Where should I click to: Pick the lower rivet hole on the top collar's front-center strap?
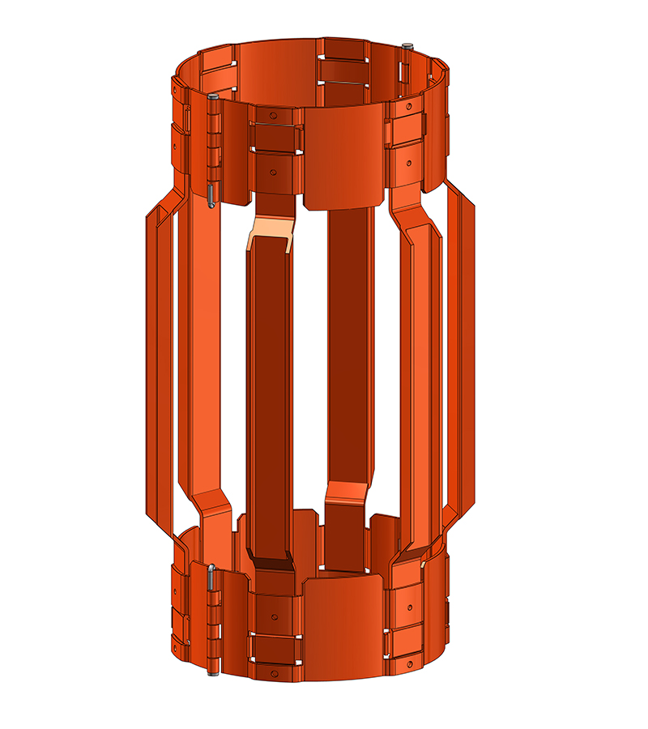click(275, 172)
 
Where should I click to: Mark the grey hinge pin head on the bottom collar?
click(211, 568)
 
